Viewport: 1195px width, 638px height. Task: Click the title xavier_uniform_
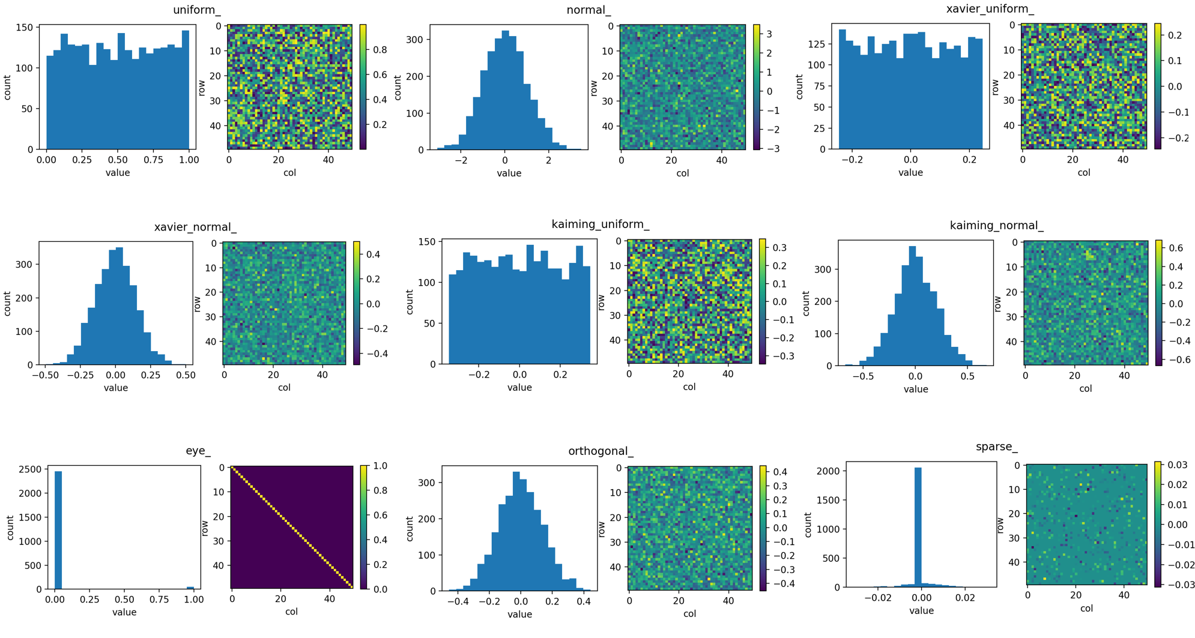point(990,8)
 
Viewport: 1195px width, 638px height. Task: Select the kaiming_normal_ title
point(996,225)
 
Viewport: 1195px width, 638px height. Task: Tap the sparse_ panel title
point(996,447)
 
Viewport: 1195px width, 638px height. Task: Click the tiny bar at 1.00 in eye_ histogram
point(190,588)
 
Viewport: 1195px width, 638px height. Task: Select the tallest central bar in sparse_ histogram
point(918,526)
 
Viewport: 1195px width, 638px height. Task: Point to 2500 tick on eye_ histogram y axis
point(30,469)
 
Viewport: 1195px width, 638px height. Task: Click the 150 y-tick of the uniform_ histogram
point(24,27)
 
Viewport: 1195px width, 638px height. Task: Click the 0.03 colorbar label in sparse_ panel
point(1178,465)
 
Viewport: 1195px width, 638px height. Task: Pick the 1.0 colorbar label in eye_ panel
point(380,466)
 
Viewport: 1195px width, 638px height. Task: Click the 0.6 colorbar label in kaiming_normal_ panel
point(1176,248)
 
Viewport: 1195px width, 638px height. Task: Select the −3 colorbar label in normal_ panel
point(773,148)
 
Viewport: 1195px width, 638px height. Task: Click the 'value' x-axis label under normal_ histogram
point(509,173)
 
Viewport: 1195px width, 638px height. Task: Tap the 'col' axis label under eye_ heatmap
point(291,612)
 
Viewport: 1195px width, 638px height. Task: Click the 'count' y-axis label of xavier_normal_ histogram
point(7,304)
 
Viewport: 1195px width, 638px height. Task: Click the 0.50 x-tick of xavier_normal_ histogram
point(186,375)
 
